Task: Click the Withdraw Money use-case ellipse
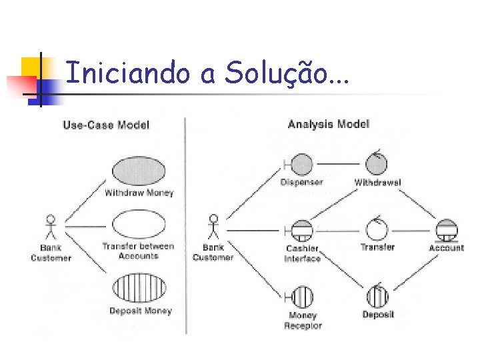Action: coord(139,172)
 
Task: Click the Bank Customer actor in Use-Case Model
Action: coord(50,227)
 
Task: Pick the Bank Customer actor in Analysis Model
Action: coord(213,227)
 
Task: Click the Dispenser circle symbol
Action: coord(302,164)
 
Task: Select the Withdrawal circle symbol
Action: coord(377,163)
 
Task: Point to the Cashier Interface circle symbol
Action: coord(302,231)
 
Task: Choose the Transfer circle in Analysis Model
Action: coord(377,230)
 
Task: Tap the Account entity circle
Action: coord(446,230)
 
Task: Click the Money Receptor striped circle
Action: coord(302,297)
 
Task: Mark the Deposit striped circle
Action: coord(377,297)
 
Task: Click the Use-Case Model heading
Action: coord(106,125)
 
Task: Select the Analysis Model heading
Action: coord(328,124)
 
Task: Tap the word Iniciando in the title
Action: coord(127,73)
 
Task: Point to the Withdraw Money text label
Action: coord(139,193)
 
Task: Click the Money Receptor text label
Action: coord(303,321)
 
